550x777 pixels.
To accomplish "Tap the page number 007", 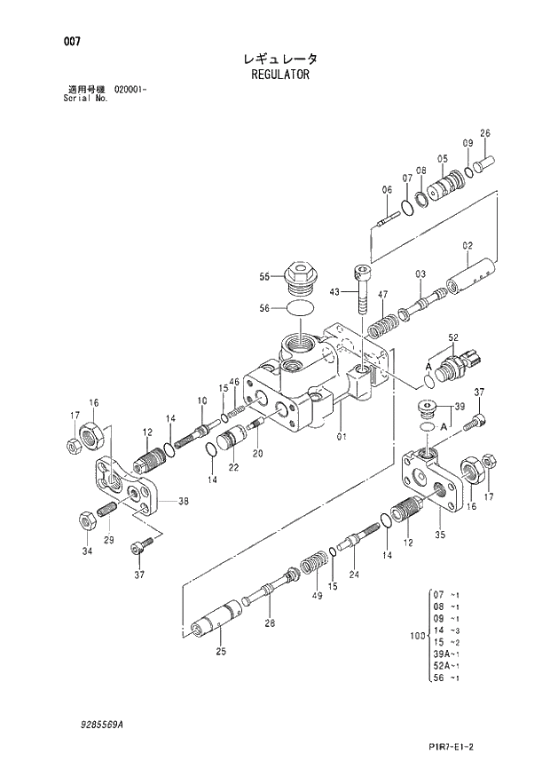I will tap(61, 43).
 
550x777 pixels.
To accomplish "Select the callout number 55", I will tap(263, 277).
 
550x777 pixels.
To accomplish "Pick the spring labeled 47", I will tap(380, 322).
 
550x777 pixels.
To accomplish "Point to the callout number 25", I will tap(220, 652).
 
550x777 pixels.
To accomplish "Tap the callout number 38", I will tap(183, 502).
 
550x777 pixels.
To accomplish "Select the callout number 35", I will tap(439, 535).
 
